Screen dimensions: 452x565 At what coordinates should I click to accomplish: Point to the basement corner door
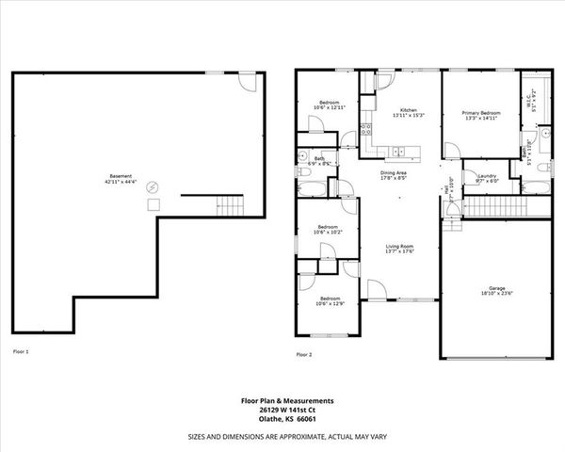248,81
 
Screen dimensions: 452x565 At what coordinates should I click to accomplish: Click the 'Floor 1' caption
21,351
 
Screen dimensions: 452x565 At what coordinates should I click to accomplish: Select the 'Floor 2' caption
303,355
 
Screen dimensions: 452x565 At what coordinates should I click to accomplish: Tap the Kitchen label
408,111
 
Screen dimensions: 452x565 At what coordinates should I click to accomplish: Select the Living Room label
400,247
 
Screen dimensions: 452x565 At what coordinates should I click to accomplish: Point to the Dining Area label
393,173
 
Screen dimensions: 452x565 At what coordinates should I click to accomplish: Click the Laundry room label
487,175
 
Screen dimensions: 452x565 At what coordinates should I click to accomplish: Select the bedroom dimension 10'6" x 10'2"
329,231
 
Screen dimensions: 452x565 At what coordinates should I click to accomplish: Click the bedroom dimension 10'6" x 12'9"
329,303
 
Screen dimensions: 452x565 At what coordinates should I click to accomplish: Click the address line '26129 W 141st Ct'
282,410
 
